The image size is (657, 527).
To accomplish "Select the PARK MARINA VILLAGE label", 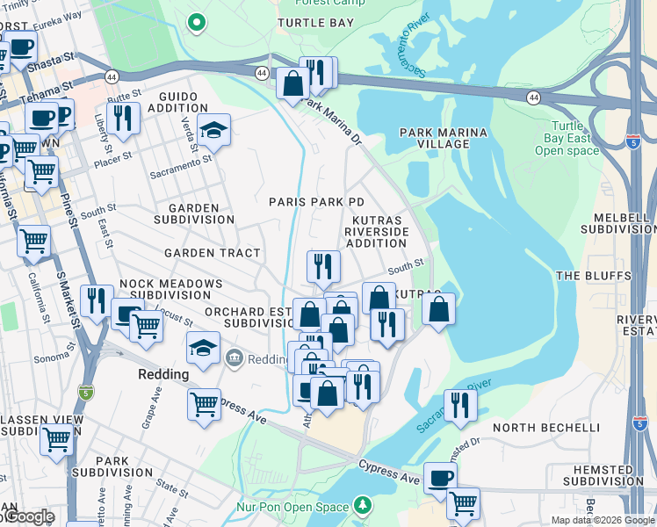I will click(444, 138).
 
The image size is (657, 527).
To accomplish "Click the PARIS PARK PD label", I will click(316, 202).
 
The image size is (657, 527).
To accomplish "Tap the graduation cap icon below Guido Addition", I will click(213, 132).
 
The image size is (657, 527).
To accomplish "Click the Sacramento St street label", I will click(180, 166).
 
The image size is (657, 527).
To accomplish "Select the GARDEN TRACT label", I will click(213, 253).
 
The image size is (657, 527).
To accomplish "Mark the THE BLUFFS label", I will click(594, 276).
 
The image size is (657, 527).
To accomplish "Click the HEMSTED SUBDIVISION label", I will click(597, 475).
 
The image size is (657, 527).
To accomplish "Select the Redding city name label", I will click(163, 374).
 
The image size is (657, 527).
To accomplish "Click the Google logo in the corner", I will click(28, 516).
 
